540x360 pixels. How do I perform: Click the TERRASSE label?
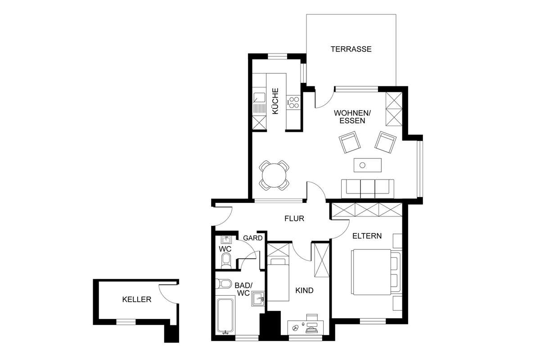(x=351, y=49)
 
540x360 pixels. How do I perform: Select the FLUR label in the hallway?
(x=294, y=218)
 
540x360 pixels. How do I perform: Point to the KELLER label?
(x=137, y=300)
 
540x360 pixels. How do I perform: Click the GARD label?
(x=252, y=238)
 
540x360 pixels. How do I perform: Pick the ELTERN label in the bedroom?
(x=367, y=236)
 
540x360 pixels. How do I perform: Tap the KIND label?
(x=304, y=290)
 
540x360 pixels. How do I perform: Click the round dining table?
(x=274, y=175)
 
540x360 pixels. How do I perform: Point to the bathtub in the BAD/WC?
(x=225, y=316)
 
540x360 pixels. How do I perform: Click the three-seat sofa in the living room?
(x=368, y=189)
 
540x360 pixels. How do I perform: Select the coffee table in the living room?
(x=368, y=165)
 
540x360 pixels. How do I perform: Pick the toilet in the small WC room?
(x=226, y=260)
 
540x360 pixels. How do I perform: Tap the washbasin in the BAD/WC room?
(x=258, y=299)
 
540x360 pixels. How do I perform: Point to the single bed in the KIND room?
(x=278, y=280)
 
